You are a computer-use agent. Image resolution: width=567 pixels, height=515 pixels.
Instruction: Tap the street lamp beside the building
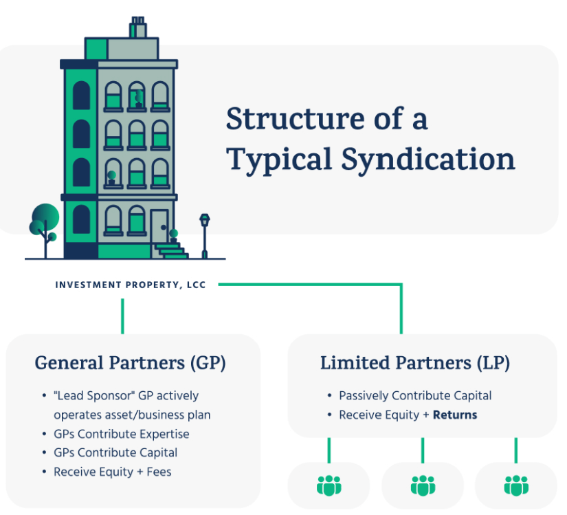pos(205,235)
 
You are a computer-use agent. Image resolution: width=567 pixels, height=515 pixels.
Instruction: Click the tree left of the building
pos(45,230)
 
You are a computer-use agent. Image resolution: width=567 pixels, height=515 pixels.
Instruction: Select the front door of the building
pos(160,227)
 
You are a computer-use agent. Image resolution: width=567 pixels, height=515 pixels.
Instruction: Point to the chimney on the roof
pos(137,27)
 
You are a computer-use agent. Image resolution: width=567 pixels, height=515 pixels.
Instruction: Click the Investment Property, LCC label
pos(131,285)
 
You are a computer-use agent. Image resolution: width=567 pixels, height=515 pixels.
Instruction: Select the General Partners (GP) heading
pos(130,363)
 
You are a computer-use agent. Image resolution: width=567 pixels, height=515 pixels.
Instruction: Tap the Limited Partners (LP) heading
pos(415,363)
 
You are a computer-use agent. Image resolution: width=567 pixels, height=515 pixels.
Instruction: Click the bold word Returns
pos(455,415)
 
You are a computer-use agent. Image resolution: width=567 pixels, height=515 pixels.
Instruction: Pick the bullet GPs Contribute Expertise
pos(122,434)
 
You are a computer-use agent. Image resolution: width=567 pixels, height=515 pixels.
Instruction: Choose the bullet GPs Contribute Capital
pos(115,453)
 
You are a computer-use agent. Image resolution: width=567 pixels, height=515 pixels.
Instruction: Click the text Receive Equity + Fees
pos(113,472)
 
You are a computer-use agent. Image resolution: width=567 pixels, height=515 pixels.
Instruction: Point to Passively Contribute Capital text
pos(415,395)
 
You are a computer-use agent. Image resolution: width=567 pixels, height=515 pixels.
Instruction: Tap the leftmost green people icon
pos(329,485)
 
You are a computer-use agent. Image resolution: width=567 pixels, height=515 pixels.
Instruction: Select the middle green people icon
pos(423,485)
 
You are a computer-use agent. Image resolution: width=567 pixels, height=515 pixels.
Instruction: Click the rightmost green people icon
pos(516,485)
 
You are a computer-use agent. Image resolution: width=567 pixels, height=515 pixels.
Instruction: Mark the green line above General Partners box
pos(122,316)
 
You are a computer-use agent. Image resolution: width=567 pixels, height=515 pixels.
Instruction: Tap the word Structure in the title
pos(296,119)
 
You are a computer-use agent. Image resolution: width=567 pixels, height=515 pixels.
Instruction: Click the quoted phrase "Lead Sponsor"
pos(94,395)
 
